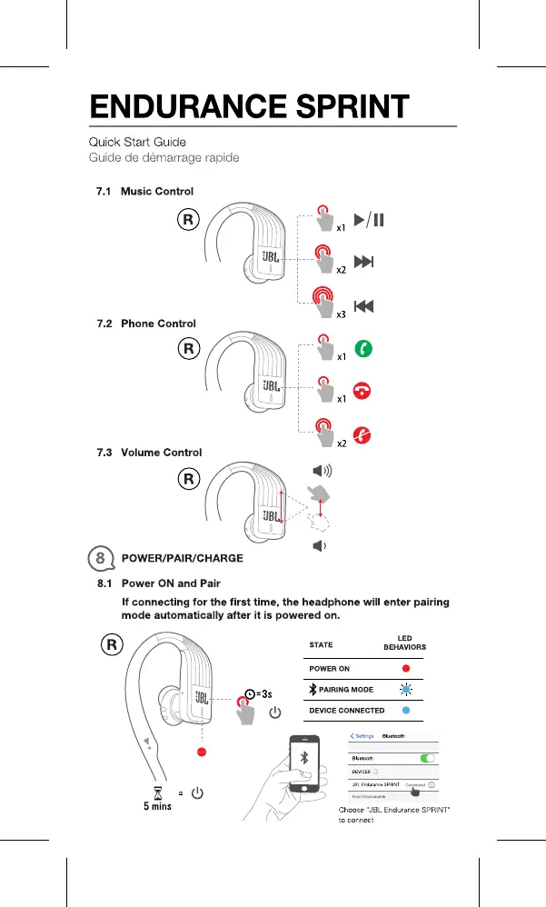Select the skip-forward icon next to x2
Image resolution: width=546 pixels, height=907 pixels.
pyautogui.click(x=363, y=263)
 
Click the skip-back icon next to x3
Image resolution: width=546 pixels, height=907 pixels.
pyautogui.click(x=363, y=306)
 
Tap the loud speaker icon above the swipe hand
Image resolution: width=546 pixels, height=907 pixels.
pyautogui.click(x=322, y=471)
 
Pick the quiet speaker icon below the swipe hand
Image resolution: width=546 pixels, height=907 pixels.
pyautogui.click(x=319, y=546)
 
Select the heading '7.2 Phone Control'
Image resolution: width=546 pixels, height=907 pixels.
pyautogui.click(x=146, y=324)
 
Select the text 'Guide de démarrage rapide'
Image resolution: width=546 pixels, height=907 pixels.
pyautogui.click(x=164, y=157)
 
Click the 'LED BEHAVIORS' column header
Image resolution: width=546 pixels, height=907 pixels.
pyautogui.click(x=404, y=643)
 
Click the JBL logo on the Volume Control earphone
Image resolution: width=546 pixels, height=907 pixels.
pyautogui.click(x=270, y=515)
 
